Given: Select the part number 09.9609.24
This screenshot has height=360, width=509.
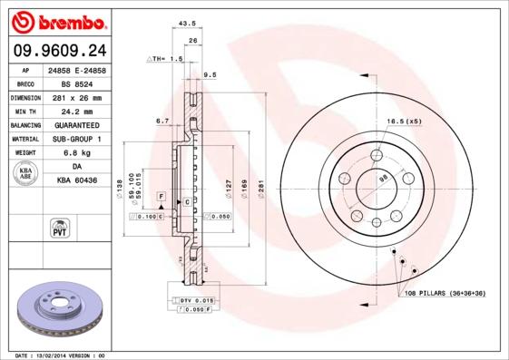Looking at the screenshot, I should (56, 51).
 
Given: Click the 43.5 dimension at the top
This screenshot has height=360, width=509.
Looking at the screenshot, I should (188, 22).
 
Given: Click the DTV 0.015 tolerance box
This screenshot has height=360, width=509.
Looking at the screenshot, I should (196, 300).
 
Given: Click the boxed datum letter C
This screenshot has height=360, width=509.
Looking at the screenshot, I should (186, 201).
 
